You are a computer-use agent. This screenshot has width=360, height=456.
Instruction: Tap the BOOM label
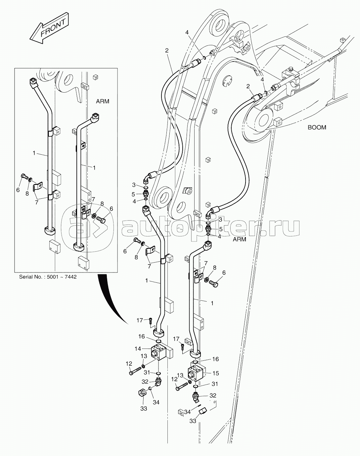[317, 127]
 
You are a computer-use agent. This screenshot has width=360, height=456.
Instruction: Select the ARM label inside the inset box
[102, 102]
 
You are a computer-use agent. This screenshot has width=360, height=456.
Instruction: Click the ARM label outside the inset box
[239, 239]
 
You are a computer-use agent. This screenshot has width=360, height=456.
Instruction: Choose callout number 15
[216, 373]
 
